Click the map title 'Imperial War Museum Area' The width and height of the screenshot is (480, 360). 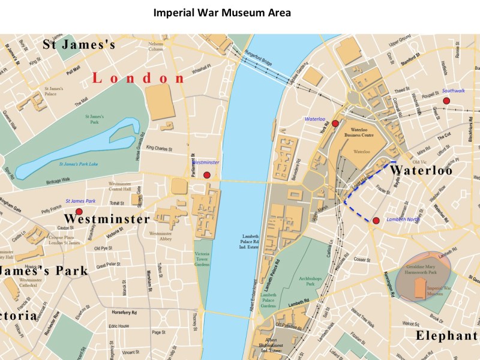(x=222, y=13)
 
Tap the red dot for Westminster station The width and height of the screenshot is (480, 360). (x=207, y=175)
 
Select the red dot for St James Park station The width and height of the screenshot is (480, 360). (x=79, y=212)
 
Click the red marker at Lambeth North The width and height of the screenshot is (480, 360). (x=376, y=221)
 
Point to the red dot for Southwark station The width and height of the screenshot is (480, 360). (x=446, y=101)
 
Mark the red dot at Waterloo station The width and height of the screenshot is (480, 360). (x=335, y=124)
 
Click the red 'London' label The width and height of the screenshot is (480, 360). (x=139, y=79)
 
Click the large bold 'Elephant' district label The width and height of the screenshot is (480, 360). (x=446, y=335)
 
